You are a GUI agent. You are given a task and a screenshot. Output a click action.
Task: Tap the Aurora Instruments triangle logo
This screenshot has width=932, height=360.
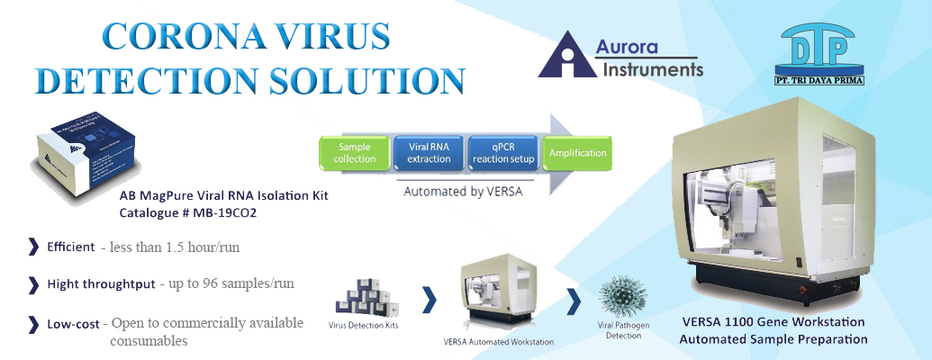pyautogui.click(x=566, y=55)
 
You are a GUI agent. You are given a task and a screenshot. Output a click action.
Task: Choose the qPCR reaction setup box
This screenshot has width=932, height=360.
pyautogui.click(x=503, y=153)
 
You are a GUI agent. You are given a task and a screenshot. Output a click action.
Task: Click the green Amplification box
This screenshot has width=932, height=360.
pyautogui.click(x=577, y=153)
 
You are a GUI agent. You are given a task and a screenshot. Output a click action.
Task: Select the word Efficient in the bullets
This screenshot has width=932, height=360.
pyautogui.click(x=71, y=247)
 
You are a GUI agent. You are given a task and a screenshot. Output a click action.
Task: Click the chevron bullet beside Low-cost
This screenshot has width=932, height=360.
pyautogui.click(x=33, y=323)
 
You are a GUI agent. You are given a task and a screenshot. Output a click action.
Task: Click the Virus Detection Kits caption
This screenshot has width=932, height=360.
pyautogui.click(x=366, y=325)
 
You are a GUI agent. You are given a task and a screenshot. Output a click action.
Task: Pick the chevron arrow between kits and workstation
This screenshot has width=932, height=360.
pyautogui.click(x=430, y=299)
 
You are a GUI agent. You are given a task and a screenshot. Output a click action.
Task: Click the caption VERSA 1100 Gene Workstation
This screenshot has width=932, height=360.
pyautogui.click(x=773, y=321)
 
